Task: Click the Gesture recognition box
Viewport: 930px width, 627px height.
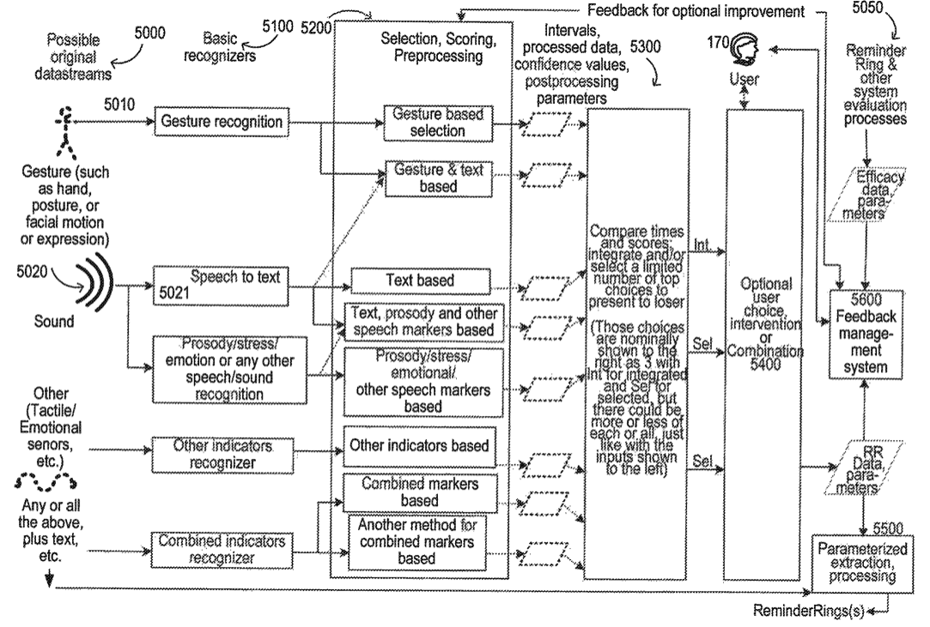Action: (222, 123)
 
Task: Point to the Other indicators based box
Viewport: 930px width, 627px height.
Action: (420, 446)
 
